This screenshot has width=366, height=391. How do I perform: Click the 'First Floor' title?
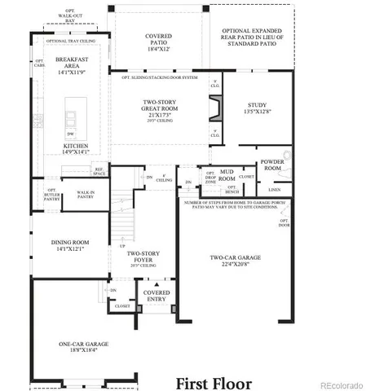215,382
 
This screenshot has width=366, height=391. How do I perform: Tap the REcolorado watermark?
342,384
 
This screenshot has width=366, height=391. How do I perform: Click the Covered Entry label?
157,296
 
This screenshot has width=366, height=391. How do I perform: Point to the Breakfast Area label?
70,64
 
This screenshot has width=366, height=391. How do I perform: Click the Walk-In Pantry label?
86,195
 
